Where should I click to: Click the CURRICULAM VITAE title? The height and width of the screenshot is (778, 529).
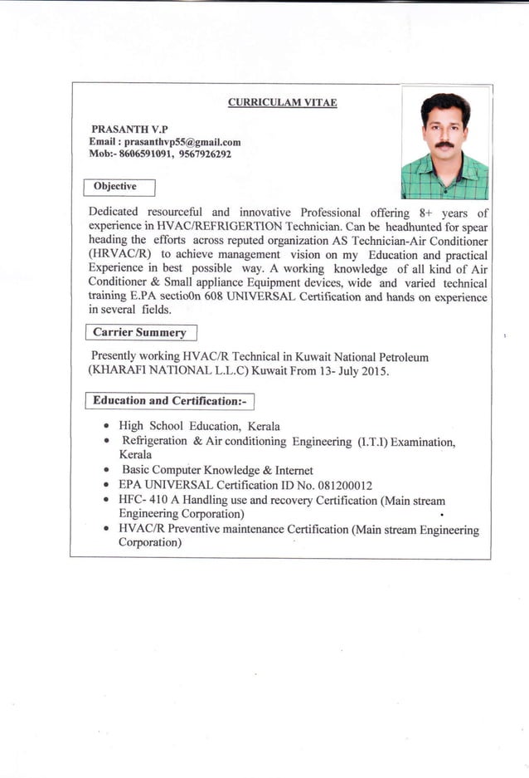[x=282, y=103]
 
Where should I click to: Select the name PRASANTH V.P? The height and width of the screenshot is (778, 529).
[x=129, y=130]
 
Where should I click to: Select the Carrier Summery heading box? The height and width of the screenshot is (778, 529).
[x=140, y=333]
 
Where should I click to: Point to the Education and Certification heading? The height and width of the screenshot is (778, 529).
[x=169, y=401]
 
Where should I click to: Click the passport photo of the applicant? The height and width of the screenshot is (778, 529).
[x=444, y=144]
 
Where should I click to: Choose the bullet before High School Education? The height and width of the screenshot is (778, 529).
[x=108, y=426]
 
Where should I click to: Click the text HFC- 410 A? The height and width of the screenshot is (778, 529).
[x=149, y=501]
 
